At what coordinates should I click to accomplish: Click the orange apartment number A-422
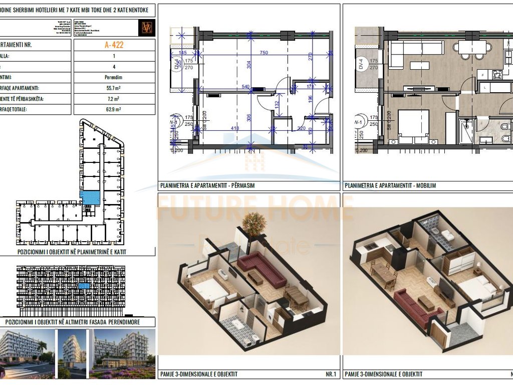coord(114,45)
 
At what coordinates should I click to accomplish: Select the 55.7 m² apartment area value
coord(114,88)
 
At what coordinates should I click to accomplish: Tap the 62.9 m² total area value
coord(114,109)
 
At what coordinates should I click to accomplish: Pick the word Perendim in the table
coord(114,78)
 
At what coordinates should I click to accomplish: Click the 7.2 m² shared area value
coord(114,99)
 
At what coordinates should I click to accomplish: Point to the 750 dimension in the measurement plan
coord(264,53)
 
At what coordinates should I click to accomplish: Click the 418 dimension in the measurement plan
coord(235,128)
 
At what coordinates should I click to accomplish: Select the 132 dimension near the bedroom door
coord(276,105)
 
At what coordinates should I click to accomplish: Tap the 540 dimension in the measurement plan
coord(246,87)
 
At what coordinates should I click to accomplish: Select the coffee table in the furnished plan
coord(419,65)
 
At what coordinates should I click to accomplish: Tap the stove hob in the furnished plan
coord(498,75)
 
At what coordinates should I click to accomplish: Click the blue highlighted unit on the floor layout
coord(90,197)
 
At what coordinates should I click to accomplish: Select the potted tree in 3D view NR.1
coord(254,223)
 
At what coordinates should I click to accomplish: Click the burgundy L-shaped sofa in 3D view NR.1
coord(261,268)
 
